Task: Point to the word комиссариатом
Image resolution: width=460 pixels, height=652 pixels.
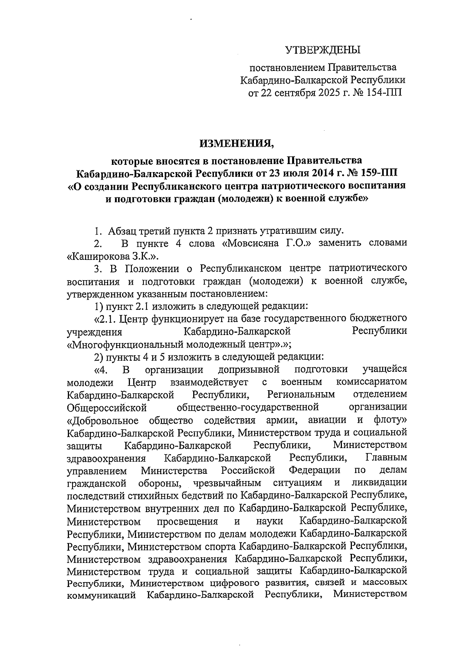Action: [371, 382]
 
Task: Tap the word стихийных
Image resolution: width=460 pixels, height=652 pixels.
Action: [155, 495]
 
